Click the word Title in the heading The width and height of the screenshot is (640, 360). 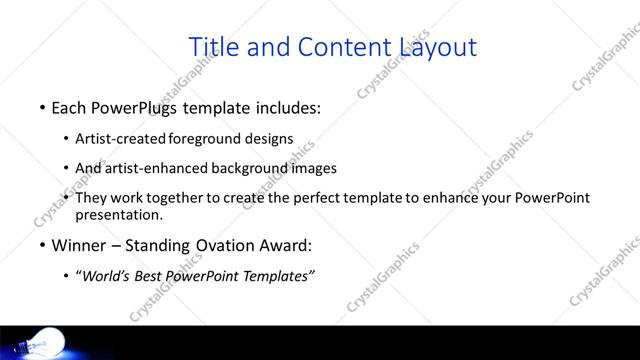click(x=213, y=47)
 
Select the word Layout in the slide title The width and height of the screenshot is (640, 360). click(x=438, y=47)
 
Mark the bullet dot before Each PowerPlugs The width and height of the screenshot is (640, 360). click(x=42, y=108)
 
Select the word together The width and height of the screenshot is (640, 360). click(x=173, y=198)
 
